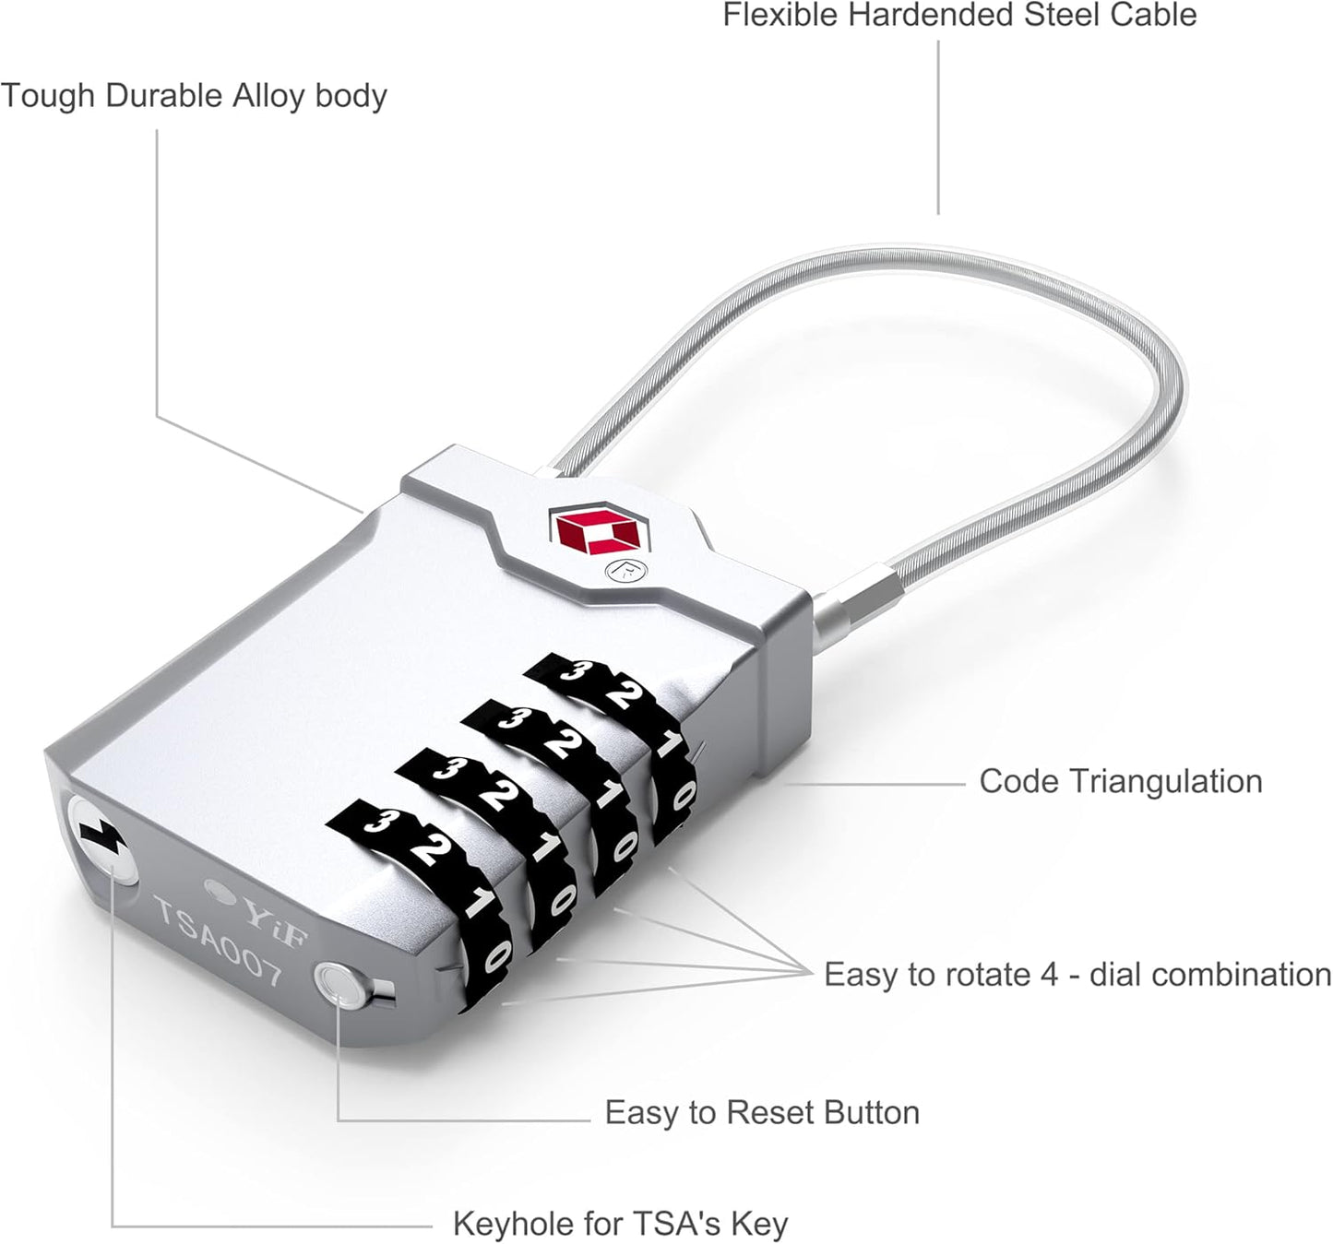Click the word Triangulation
click(x=1166, y=781)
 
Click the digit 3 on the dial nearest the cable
click(x=570, y=669)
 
